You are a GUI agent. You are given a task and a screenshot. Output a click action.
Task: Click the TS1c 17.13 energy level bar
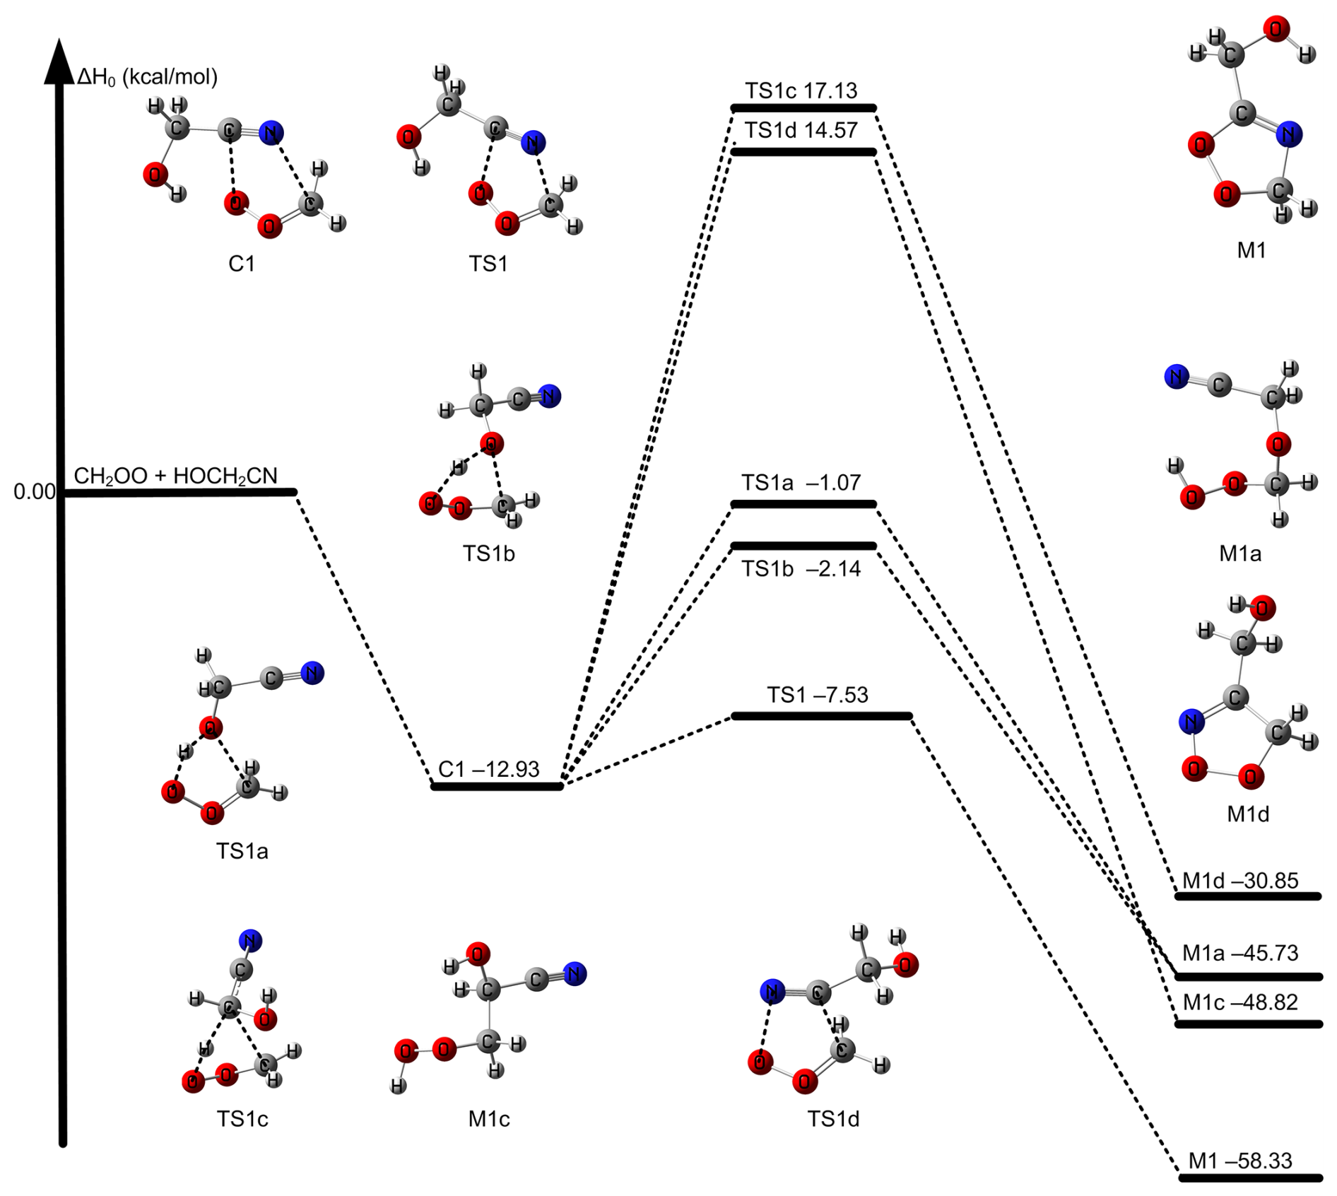[x=803, y=108]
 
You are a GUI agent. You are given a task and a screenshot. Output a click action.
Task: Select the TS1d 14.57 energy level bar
[x=803, y=152]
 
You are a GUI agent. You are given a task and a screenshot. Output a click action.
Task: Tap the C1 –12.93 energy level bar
[x=497, y=786]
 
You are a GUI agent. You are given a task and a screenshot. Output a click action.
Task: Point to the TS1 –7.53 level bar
[x=821, y=716]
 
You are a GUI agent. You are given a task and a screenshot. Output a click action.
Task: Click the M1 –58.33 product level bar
[x=1250, y=1178]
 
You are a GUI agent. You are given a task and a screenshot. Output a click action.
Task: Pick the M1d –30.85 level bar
[x=1248, y=896]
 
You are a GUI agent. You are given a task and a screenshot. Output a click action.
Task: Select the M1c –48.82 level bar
[x=1249, y=1024]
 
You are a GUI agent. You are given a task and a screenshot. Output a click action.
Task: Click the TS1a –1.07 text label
[x=801, y=483]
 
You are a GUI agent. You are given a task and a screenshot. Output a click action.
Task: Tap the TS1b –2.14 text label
[x=801, y=568]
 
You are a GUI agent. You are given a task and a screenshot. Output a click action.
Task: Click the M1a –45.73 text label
[x=1240, y=953]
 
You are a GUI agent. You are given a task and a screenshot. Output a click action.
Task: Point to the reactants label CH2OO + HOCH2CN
[x=176, y=476]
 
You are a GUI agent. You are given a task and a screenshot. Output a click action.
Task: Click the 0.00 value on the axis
[x=34, y=491]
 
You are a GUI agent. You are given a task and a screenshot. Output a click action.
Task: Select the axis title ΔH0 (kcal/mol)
[x=147, y=76]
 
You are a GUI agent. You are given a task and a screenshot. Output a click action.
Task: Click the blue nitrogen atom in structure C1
[x=271, y=132]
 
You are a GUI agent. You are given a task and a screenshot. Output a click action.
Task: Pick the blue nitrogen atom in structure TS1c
[x=250, y=941]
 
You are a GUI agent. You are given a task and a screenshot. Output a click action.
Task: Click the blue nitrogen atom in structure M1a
[x=1176, y=377]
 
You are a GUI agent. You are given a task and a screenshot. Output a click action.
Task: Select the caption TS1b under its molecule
[x=488, y=553]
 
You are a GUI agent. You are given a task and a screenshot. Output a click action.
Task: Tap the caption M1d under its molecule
[x=1248, y=814]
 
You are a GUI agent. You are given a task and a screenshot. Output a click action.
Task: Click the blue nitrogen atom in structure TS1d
[x=772, y=991]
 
